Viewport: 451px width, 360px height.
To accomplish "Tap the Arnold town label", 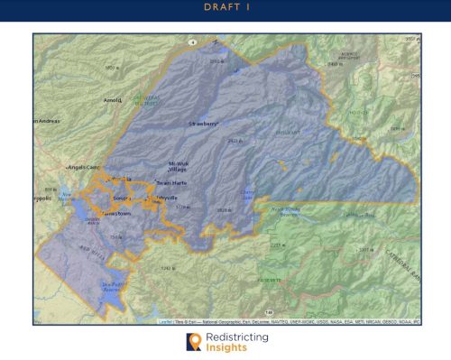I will (113, 100).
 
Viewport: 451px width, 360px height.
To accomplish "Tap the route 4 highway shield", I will (192, 42).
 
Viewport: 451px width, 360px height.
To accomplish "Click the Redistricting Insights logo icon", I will (192, 342).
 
